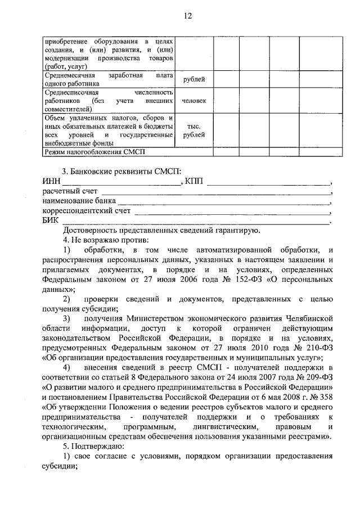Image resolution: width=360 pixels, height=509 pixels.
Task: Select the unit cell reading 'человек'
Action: (x=194, y=101)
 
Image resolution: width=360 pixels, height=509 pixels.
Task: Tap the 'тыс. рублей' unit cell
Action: (x=194, y=131)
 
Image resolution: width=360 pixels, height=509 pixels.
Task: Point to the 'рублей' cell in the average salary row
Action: (x=194, y=79)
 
